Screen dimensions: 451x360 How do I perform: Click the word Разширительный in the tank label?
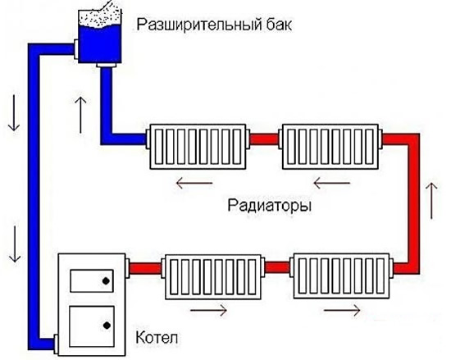[198, 25]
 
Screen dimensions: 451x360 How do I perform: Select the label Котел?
[157, 337]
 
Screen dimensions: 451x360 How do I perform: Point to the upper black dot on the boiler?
[106, 281]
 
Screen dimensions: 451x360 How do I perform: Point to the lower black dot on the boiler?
[107, 326]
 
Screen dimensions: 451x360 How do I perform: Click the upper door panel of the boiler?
[92, 281]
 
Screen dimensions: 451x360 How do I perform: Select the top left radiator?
[198, 147]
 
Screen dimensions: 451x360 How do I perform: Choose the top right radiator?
[330, 147]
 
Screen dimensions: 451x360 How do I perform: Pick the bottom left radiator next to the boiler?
[213, 276]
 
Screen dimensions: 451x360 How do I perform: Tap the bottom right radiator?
[341, 276]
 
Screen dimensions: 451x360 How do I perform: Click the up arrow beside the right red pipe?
[431, 200]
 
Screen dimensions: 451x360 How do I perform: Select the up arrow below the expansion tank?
[80, 115]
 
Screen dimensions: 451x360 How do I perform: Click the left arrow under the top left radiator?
[194, 183]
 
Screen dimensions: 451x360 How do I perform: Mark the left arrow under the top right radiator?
[331, 183]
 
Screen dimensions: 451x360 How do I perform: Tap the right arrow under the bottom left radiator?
[209, 310]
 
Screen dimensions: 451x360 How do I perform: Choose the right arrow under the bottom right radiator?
[342, 310]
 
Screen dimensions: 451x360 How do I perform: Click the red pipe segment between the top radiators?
[264, 139]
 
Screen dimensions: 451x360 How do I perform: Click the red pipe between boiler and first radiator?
[145, 268]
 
